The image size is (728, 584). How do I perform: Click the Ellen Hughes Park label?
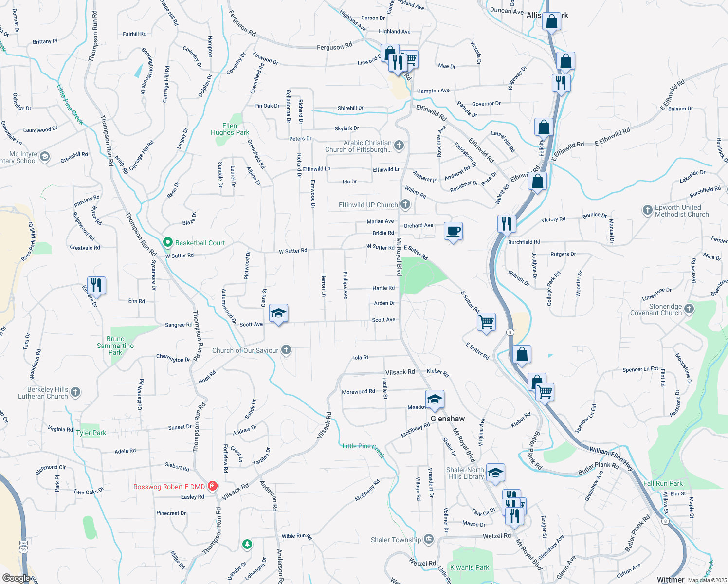coord(230,129)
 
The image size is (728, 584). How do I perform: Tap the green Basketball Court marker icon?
coord(168,242)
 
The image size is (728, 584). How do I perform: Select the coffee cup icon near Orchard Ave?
coord(453,231)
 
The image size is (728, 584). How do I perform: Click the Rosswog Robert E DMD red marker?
coord(213,486)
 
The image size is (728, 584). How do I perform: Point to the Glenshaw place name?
coord(447,419)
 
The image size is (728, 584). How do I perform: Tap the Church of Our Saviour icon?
coord(286,350)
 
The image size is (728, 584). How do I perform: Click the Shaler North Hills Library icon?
coord(495,473)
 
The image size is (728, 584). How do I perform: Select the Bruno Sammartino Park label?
coord(115,346)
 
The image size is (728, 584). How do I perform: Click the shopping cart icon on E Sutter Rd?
coord(486,322)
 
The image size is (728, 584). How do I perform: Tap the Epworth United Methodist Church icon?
coord(647,210)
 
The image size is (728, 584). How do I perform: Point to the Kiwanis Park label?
coord(469,567)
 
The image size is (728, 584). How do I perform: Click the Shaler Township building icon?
coord(428,539)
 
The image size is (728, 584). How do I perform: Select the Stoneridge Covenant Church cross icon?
coord(689,309)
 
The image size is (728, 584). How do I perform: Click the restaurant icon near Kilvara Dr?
coord(96,285)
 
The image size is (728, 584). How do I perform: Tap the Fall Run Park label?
coord(663,483)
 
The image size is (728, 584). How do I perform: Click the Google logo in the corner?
coord(16,578)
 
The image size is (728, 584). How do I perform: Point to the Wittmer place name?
coord(670,579)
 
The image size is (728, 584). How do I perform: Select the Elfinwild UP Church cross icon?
coord(405,205)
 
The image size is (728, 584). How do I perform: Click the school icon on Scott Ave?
coord(278,313)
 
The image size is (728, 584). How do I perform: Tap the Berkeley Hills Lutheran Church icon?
coord(75,392)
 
